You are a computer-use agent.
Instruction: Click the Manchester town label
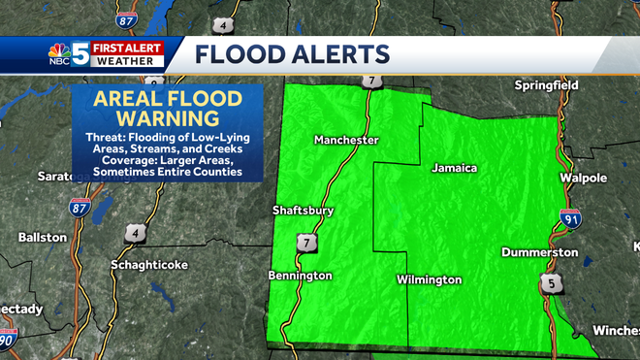(x=346, y=141)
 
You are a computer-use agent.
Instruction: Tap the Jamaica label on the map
(x=455, y=168)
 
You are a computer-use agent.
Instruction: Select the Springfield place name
(x=546, y=85)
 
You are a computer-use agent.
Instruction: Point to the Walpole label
(x=583, y=179)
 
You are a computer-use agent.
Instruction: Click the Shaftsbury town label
(x=304, y=210)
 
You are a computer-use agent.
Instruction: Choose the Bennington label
(x=301, y=276)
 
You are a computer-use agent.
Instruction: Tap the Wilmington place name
(x=429, y=279)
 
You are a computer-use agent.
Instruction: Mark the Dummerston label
(x=540, y=252)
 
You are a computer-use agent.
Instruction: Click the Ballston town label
(x=43, y=237)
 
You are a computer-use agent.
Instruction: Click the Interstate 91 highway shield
(x=570, y=219)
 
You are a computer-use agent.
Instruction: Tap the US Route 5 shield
(x=550, y=282)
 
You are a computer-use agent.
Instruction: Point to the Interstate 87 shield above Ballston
(x=79, y=207)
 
